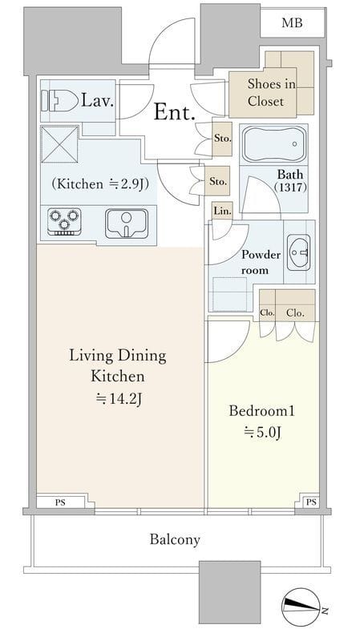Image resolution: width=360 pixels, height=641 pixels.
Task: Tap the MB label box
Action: (292, 22)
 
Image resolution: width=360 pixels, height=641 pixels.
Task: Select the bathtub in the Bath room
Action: (273, 144)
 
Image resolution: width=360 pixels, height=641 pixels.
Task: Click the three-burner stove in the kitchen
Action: (64, 221)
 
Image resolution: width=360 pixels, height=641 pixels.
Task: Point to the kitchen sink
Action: (127, 224)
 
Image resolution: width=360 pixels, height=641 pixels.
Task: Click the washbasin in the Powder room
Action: (298, 252)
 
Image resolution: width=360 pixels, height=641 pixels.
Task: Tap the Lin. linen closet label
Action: (223, 211)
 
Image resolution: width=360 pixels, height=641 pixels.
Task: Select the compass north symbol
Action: (301, 607)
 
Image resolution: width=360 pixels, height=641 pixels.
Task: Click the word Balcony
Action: (175, 539)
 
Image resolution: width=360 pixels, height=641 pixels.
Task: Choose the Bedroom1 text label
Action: (262, 410)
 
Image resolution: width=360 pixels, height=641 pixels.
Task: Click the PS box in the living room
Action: (61, 502)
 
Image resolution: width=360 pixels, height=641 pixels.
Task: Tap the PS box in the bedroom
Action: (311, 502)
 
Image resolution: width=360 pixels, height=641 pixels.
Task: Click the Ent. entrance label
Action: (174, 111)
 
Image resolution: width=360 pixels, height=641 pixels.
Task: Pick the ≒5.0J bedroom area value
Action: (262, 432)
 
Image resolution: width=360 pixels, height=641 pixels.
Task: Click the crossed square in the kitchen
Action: (59, 144)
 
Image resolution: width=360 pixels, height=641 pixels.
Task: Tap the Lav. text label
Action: (97, 100)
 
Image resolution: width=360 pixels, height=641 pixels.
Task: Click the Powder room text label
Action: (261, 262)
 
